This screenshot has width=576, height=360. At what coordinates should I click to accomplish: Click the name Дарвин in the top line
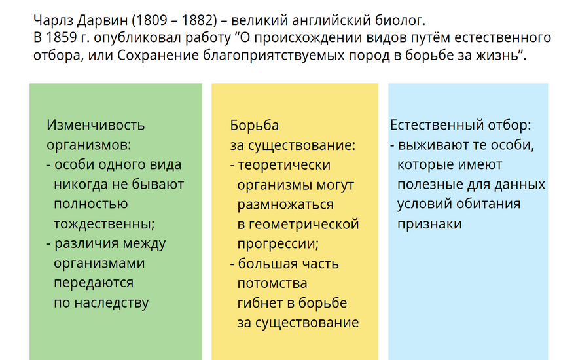pos(102,20)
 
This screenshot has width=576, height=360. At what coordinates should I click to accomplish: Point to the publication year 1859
pos(62,38)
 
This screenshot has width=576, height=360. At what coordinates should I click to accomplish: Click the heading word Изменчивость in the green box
pos(96,125)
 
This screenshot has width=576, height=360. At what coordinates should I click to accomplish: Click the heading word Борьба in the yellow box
pos(254,125)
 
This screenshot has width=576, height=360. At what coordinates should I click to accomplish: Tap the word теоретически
pos(284,165)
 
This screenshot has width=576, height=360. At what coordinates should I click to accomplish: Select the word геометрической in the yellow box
pos(304,224)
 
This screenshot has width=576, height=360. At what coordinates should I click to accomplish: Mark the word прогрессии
pos(277,244)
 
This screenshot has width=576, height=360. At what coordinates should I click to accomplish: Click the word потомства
pos(272,283)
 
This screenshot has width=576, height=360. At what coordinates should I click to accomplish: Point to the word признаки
pos(429,224)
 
